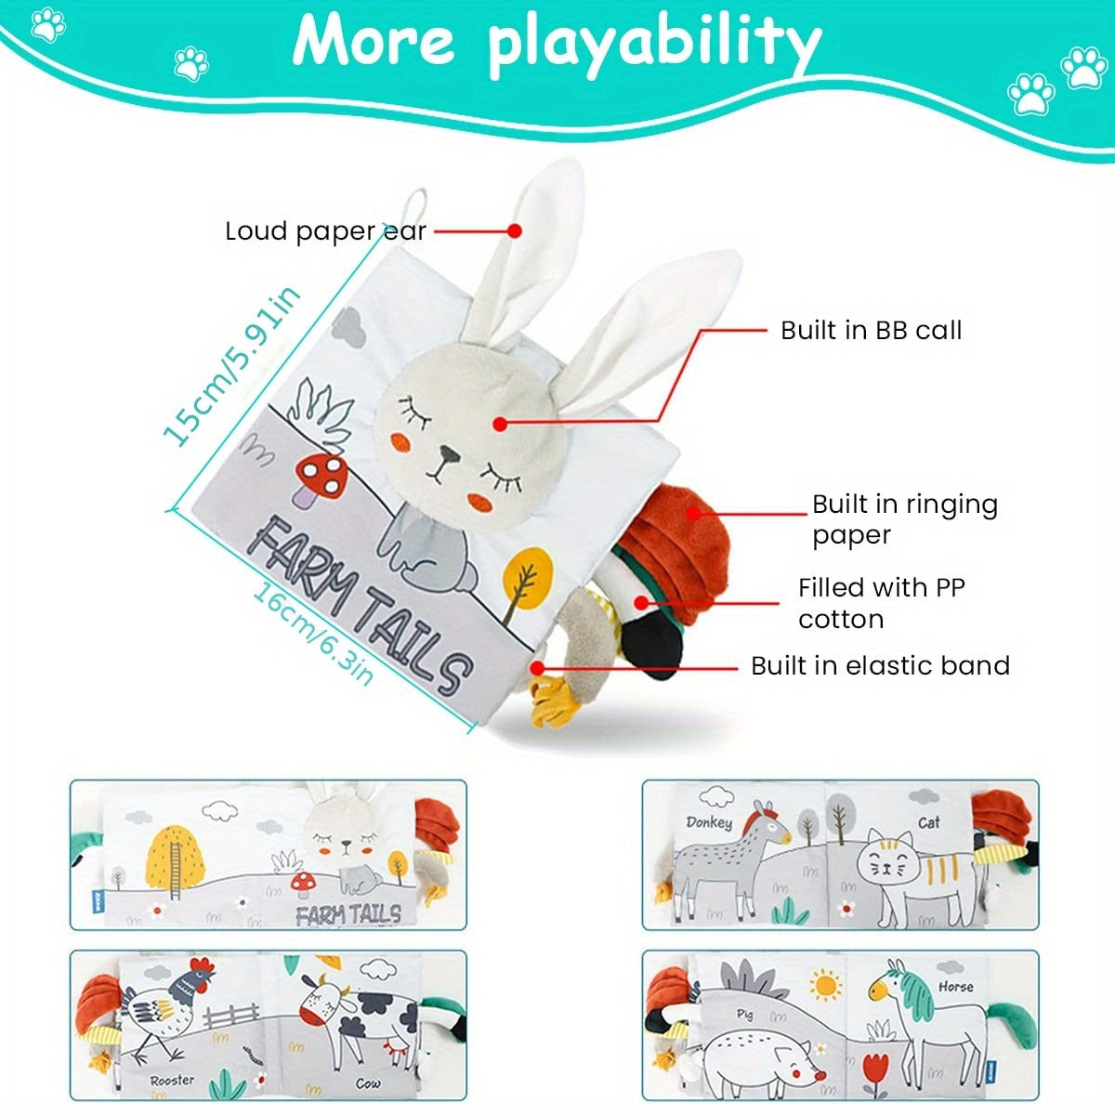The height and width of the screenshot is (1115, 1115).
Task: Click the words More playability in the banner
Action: tap(557, 42)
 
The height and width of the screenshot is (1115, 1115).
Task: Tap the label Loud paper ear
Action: tap(325, 231)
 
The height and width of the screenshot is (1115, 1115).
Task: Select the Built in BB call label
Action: tap(871, 330)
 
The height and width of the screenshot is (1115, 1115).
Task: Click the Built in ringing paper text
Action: tap(904, 518)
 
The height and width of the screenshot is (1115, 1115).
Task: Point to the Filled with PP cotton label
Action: tap(881, 603)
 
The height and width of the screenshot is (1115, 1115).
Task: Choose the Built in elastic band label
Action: tap(880, 665)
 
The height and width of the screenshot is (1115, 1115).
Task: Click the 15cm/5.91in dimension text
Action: tap(232, 365)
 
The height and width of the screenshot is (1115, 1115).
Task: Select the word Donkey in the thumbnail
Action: tap(709, 821)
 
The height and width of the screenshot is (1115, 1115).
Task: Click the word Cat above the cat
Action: tap(928, 821)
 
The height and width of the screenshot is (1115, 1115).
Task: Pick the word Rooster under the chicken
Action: tap(172, 1080)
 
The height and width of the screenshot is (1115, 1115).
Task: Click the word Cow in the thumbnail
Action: tap(368, 1083)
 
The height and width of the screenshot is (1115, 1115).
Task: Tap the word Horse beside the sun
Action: tap(955, 987)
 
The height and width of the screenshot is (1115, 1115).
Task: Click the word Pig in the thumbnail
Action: tap(744, 1014)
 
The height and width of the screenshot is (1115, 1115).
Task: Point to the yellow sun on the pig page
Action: tap(824, 985)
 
